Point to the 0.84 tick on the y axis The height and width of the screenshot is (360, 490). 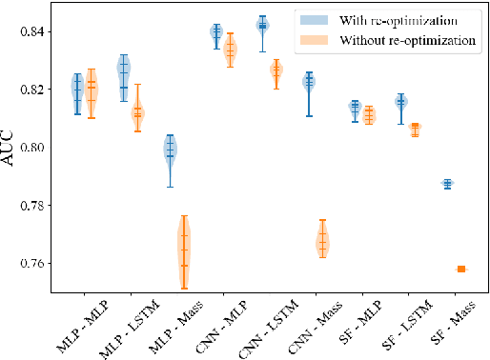[x=39, y=32]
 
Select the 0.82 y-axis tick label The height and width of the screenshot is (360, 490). [x=39, y=90]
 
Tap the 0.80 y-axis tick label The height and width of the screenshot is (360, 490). [x=39, y=148]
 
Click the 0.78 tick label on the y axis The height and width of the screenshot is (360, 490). [x=39, y=206]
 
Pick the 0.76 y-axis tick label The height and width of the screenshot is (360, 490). [x=39, y=264]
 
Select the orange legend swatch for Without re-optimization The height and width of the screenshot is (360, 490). [x=312, y=40]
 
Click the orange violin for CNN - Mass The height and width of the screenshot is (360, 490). [x=323, y=242]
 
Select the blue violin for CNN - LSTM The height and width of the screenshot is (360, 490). [x=262, y=26]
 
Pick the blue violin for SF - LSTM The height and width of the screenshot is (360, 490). [x=401, y=101]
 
